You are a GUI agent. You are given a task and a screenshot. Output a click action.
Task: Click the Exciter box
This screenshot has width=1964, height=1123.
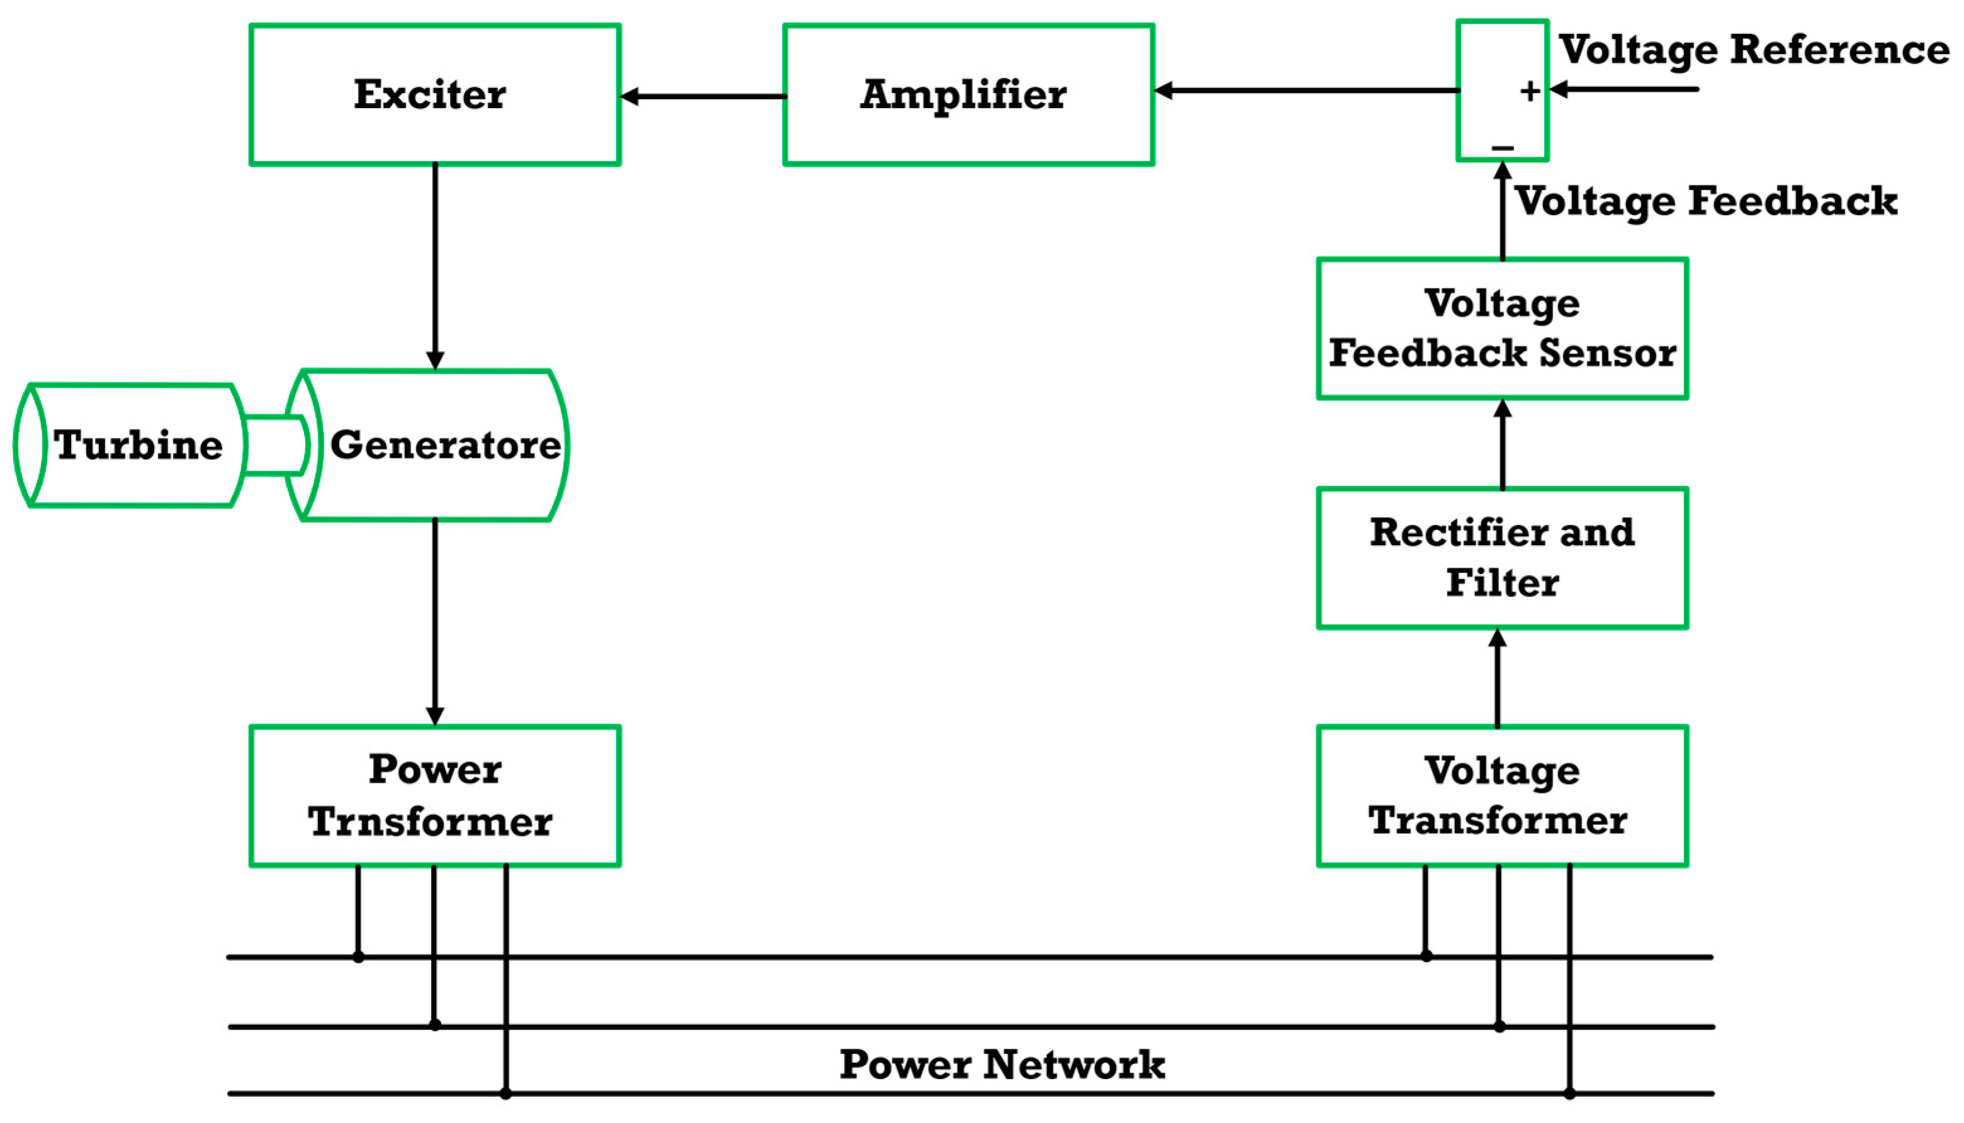pyautogui.click(x=434, y=94)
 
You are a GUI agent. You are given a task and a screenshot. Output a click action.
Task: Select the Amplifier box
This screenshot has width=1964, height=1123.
pyautogui.click(x=968, y=94)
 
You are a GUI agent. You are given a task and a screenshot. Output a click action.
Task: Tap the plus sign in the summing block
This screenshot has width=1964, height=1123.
pyautogui.click(x=1530, y=92)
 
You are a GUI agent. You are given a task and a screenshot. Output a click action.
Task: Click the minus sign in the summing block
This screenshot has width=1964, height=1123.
pyautogui.click(x=1501, y=147)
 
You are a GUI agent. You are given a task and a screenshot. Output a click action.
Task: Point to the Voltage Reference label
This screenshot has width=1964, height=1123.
pyautogui.click(x=1753, y=50)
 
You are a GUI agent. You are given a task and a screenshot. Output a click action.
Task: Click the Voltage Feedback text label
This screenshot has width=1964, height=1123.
pyautogui.click(x=1705, y=201)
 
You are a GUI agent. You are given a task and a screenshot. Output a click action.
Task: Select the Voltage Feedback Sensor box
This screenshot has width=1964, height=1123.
pyautogui.click(x=1501, y=329)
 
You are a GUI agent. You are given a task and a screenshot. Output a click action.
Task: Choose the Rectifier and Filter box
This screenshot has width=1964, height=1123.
pyautogui.click(x=1501, y=558)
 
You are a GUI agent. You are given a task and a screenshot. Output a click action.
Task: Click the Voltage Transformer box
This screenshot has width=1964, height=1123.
pyautogui.click(x=1501, y=795)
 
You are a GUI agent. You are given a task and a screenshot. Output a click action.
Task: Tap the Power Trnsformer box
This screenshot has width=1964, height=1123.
pyautogui.click(x=434, y=795)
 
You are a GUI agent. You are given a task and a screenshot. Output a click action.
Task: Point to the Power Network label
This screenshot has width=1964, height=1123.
pyautogui.click(x=1002, y=1065)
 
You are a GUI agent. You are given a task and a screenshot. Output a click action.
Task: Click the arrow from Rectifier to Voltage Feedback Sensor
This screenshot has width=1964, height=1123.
pyautogui.click(x=1501, y=445)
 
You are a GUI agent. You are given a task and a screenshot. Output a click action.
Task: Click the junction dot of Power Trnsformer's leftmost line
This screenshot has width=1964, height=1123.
pyautogui.click(x=358, y=956)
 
